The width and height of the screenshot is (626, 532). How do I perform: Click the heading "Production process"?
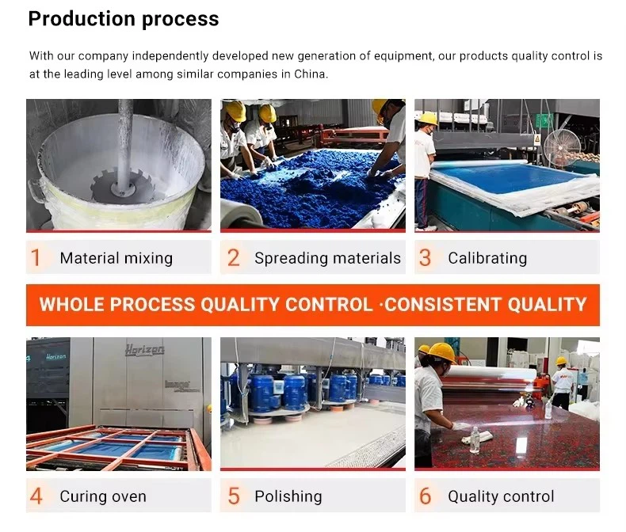124,19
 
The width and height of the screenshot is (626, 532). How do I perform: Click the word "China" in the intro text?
310,74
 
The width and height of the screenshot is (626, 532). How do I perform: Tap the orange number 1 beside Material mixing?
36,257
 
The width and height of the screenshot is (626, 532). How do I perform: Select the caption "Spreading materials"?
327,258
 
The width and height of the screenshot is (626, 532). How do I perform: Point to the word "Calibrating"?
487,258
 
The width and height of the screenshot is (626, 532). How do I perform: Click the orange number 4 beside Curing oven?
36,496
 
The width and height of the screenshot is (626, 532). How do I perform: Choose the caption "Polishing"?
288,496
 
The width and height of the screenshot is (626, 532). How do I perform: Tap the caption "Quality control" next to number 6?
501,496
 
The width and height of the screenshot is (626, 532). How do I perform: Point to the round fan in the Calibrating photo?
561,147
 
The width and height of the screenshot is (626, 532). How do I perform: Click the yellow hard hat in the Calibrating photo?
428,119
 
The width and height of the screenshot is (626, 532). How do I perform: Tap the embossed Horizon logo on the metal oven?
144,350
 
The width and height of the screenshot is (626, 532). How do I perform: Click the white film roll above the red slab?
492,373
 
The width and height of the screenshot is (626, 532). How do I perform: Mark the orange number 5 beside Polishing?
234,496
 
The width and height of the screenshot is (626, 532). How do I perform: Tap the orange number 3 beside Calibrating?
426,257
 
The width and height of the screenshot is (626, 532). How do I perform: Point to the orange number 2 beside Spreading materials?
234,257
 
